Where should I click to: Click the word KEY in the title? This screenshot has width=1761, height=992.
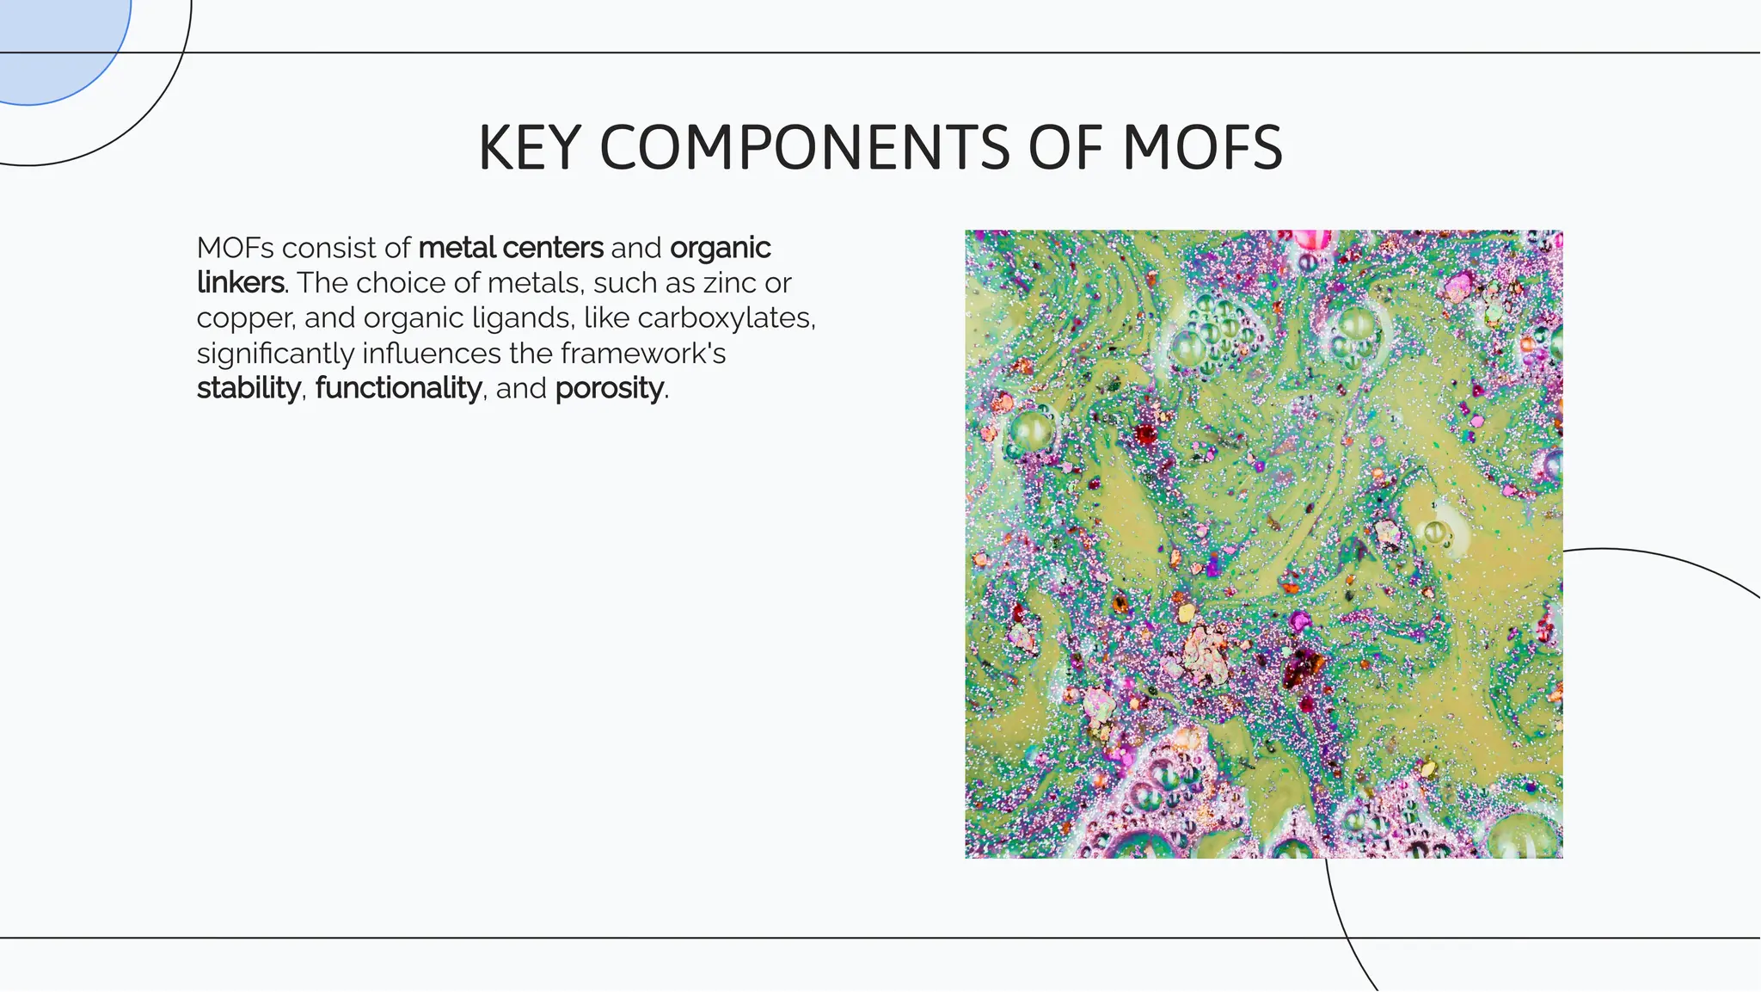tap(529, 148)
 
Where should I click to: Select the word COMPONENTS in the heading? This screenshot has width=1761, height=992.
tap(803, 148)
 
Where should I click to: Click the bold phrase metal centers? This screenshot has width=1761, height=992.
tap(511, 248)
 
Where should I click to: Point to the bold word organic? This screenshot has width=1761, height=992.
tap(720, 248)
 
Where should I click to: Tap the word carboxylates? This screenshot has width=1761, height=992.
tap(726, 318)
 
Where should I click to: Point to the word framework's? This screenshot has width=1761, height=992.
tap(643, 354)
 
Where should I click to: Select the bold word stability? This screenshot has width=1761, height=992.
tap(249, 389)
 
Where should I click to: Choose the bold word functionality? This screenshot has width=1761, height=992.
tap(398, 389)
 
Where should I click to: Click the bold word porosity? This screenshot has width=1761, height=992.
tap(610, 389)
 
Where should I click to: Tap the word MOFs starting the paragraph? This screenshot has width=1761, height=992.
tap(235, 248)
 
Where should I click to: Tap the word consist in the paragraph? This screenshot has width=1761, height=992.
tap(328, 248)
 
